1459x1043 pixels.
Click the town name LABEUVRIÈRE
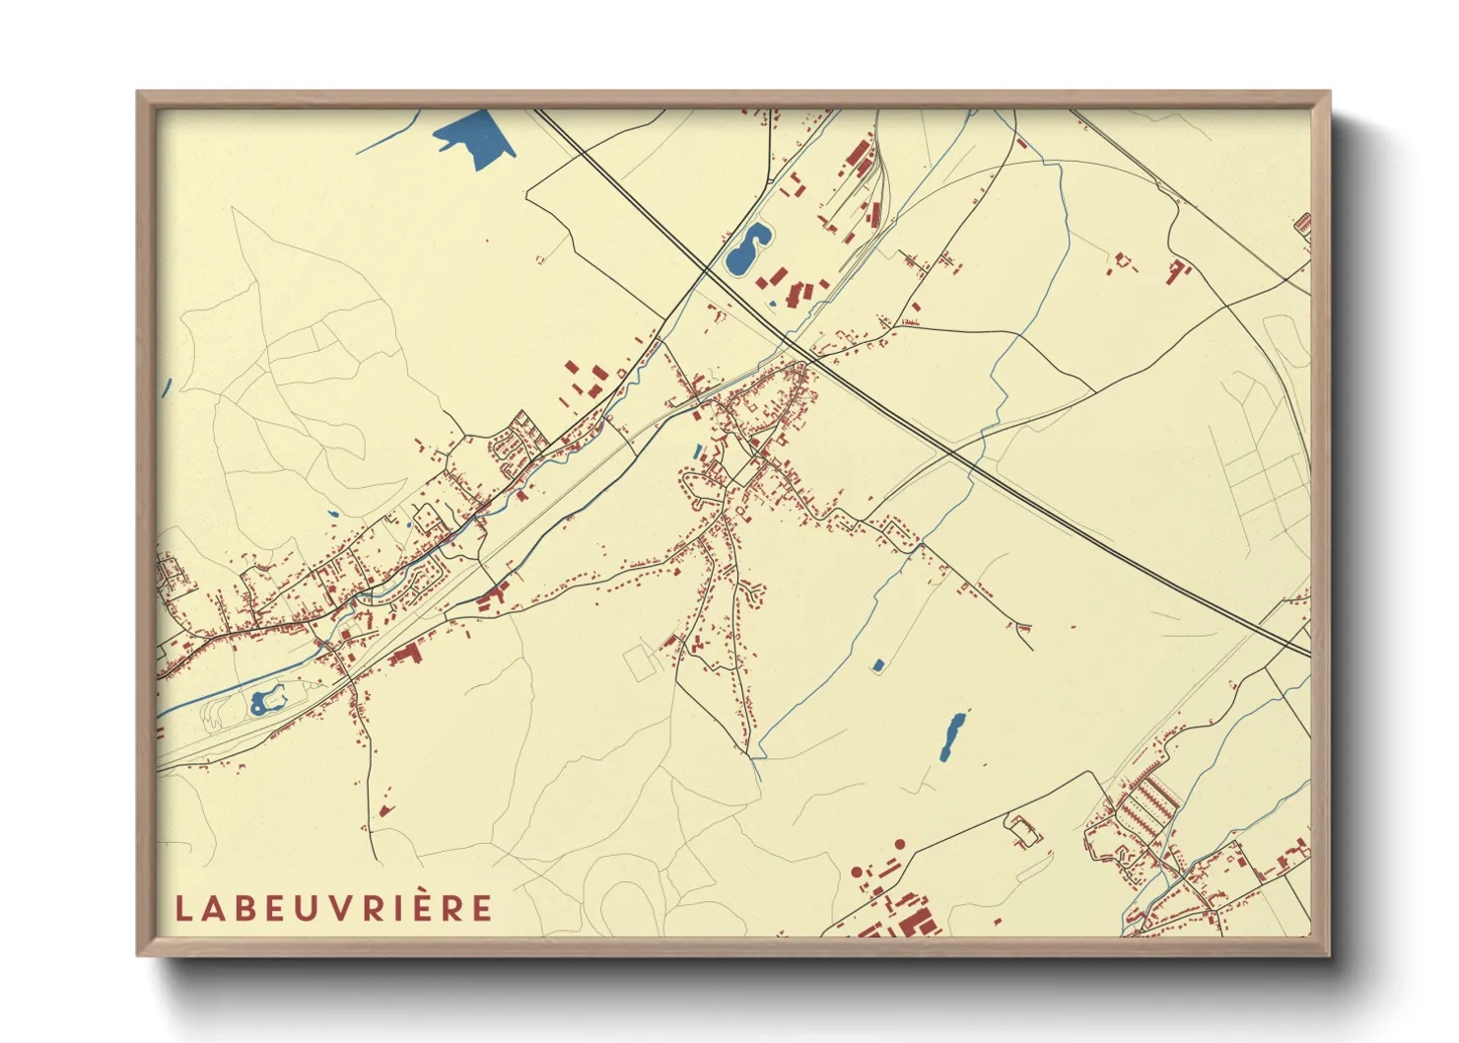click(333, 908)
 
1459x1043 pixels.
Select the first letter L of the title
click(183, 908)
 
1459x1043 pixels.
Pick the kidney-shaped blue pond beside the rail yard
click(747, 249)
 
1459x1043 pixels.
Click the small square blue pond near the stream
click(876, 665)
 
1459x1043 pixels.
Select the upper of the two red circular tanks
click(899, 844)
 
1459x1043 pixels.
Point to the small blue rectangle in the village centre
click(698, 452)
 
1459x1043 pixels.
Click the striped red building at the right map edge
click(1303, 223)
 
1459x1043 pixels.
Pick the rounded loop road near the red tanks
click(1023, 831)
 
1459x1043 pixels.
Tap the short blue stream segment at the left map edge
click(167, 388)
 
